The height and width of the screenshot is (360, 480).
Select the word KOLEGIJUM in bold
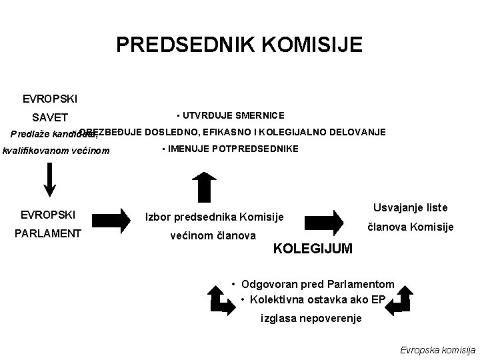pyautogui.click(x=313, y=249)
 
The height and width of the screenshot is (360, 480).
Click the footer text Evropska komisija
pyautogui.click(x=437, y=349)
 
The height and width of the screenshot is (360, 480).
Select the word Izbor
pyautogui.click(x=158, y=217)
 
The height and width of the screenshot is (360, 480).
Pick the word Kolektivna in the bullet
pyautogui.click(x=277, y=299)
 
